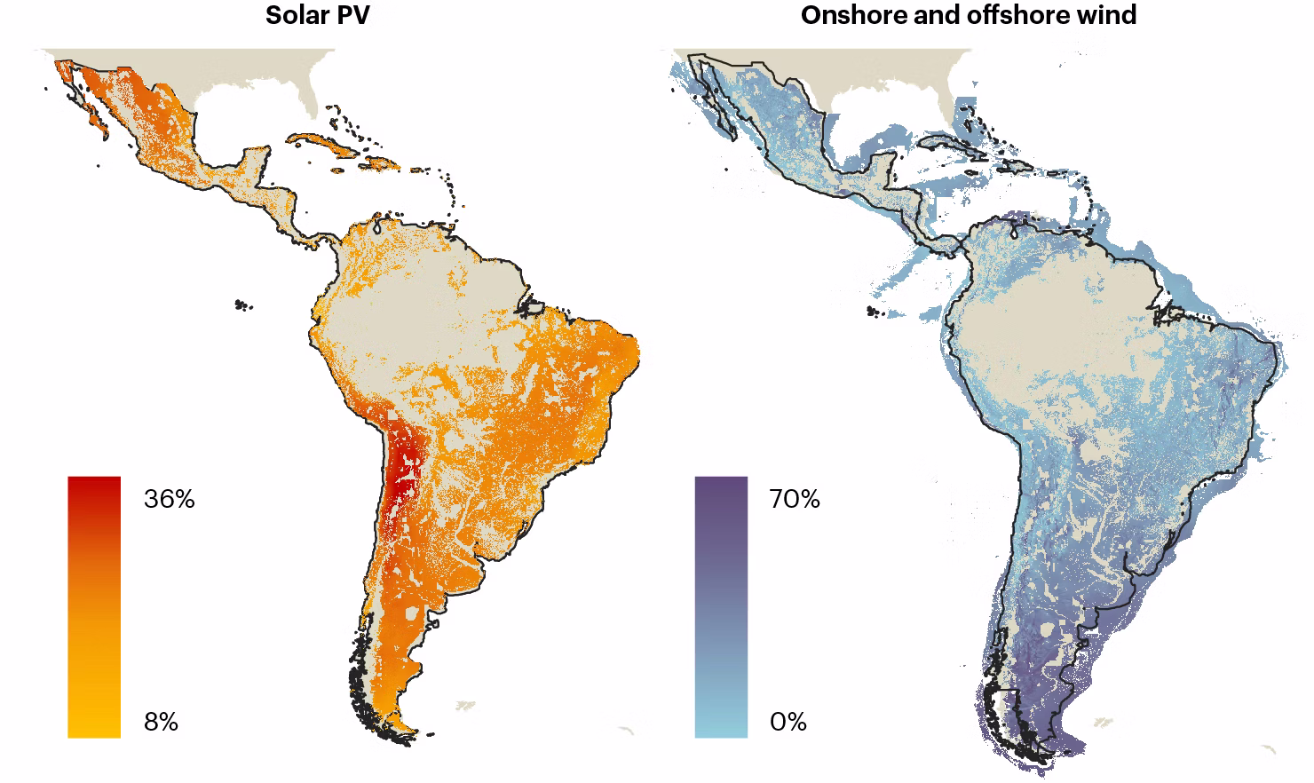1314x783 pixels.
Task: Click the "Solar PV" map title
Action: click(318, 15)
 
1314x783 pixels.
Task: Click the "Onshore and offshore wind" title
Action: click(968, 15)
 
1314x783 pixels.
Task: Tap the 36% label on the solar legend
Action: click(169, 499)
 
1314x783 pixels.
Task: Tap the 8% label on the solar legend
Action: click(161, 723)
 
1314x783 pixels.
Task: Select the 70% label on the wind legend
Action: click(795, 499)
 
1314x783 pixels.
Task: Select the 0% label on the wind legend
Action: click(788, 723)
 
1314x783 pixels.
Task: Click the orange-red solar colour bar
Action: click(94, 606)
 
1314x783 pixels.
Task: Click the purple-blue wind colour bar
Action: click(721, 606)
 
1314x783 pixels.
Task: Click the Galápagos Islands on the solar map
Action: click(241, 305)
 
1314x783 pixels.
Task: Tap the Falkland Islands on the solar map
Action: click(464, 706)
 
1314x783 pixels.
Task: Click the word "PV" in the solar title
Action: click(352, 15)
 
